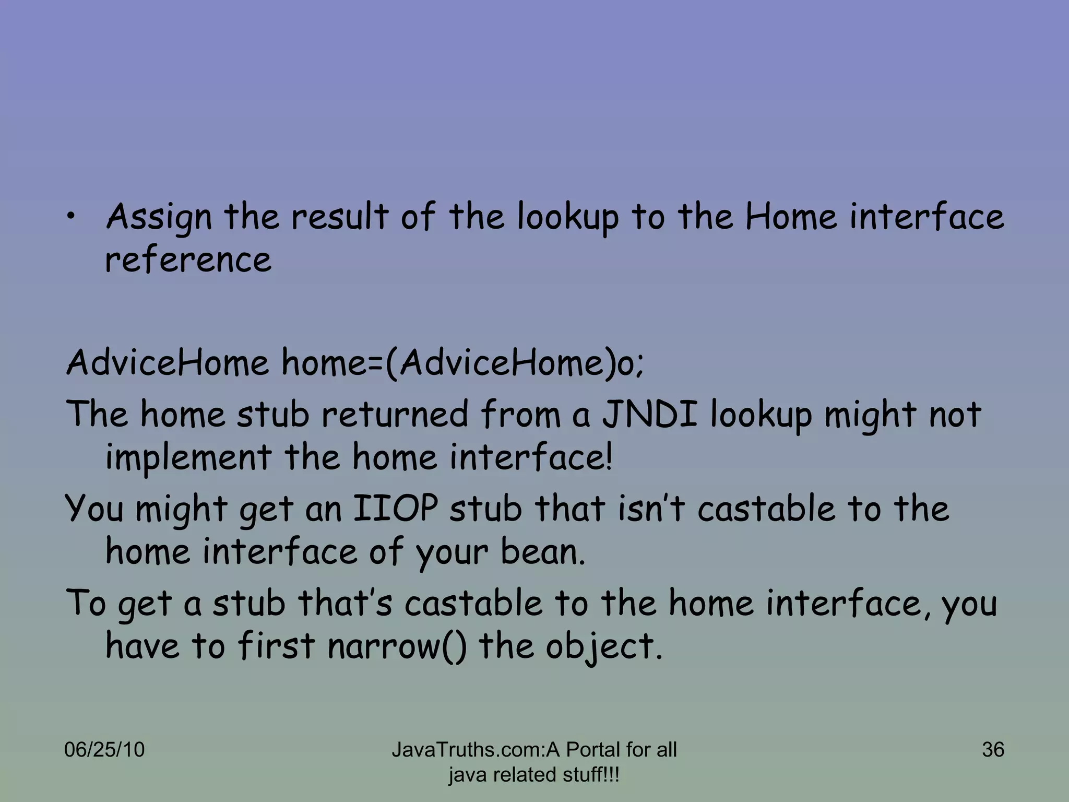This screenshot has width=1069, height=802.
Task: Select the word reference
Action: point(188,260)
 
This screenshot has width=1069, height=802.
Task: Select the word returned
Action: point(395,414)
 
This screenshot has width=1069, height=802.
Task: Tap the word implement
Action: point(188,457)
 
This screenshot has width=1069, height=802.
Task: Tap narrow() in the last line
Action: point(397,646)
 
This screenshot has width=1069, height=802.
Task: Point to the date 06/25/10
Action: point(104,750)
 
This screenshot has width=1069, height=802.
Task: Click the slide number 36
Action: point(993,750)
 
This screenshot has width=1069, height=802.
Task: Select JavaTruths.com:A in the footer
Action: point(476,750)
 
